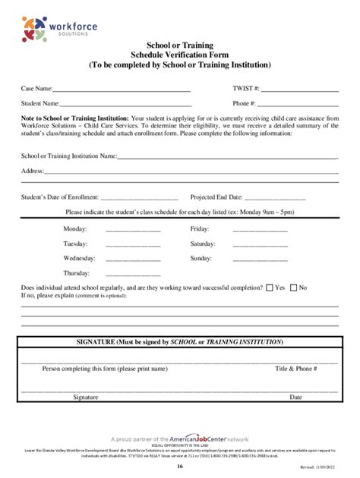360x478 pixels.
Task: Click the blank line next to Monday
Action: coord(133,230)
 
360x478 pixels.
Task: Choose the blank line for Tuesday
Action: coord(133,245)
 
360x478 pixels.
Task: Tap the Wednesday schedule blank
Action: coord(133,259)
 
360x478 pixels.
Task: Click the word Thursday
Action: coord(77,272)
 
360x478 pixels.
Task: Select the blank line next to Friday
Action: coord(260,230)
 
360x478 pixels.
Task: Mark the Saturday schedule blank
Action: coord(260,245)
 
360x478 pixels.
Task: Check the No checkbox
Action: coord(293,288)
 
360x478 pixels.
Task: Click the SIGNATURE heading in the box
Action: coord(179,342)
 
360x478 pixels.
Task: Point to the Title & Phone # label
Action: coord(295,368)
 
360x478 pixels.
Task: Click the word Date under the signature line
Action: coord(295,397)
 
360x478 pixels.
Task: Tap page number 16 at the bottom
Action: coord(179,467)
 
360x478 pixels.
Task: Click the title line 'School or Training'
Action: coord(179,46)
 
